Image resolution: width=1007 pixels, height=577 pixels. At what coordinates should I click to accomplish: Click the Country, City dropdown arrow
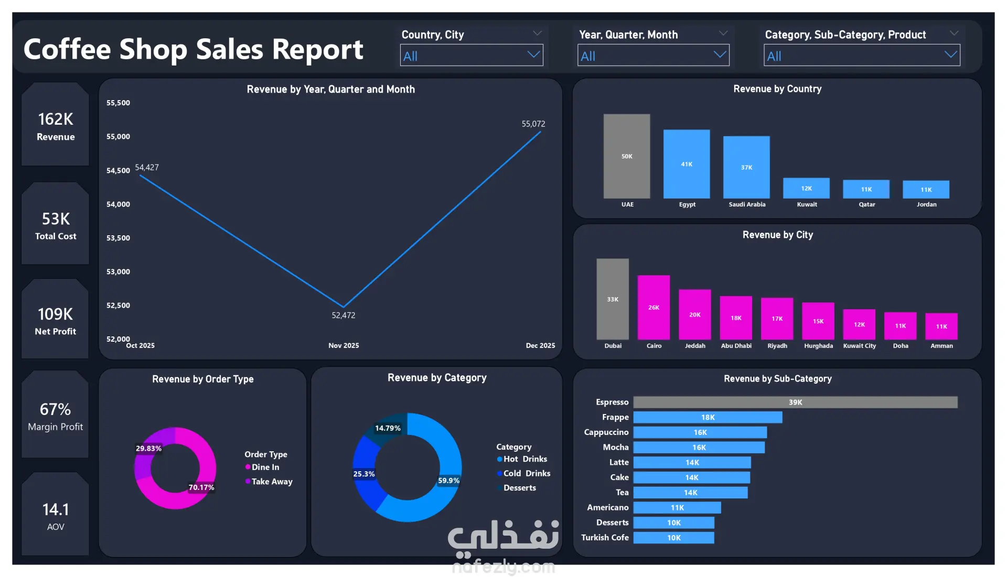click(533, 55)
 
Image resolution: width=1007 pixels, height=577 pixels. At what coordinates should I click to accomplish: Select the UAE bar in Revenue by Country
click(627, 156)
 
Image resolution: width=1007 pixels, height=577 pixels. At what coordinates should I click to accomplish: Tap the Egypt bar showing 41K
click(687, 164)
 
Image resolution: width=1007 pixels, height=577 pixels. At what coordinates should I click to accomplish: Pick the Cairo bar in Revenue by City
click(654, 308)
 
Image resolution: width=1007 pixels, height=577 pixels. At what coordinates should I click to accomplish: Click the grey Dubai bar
click(613, 299)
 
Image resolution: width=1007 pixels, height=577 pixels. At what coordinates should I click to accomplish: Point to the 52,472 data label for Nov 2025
click(344, 315)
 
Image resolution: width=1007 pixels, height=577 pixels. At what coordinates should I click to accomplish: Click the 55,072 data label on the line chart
click(533, 124)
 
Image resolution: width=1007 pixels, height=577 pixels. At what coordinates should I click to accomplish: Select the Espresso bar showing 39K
click(795, 402)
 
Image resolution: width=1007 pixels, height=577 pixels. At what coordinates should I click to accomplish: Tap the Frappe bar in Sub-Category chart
click(708, 418)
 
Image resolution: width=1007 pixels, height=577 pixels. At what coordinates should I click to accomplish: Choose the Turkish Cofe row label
click(605, 538)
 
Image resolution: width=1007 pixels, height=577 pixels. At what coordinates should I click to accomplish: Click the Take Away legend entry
click(272, 482)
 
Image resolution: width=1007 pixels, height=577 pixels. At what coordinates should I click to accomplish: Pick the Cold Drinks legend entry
click(527, 473)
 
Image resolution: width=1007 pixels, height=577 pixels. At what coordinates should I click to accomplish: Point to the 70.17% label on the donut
click(201, 487)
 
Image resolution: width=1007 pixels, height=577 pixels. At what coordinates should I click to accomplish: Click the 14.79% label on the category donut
click(388, 428)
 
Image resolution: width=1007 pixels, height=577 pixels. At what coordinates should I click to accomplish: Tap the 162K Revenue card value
click(56, 119)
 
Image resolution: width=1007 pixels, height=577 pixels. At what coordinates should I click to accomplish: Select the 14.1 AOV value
click(56, 509)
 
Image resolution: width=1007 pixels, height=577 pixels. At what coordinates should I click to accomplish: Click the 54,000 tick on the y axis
click(118, 204)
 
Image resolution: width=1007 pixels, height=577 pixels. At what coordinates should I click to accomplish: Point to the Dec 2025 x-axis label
click(540, 346)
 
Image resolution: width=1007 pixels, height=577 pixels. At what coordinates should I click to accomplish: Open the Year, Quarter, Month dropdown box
click(653, 56)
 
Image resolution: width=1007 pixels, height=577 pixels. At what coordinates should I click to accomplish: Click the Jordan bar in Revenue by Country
click(926, 190)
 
